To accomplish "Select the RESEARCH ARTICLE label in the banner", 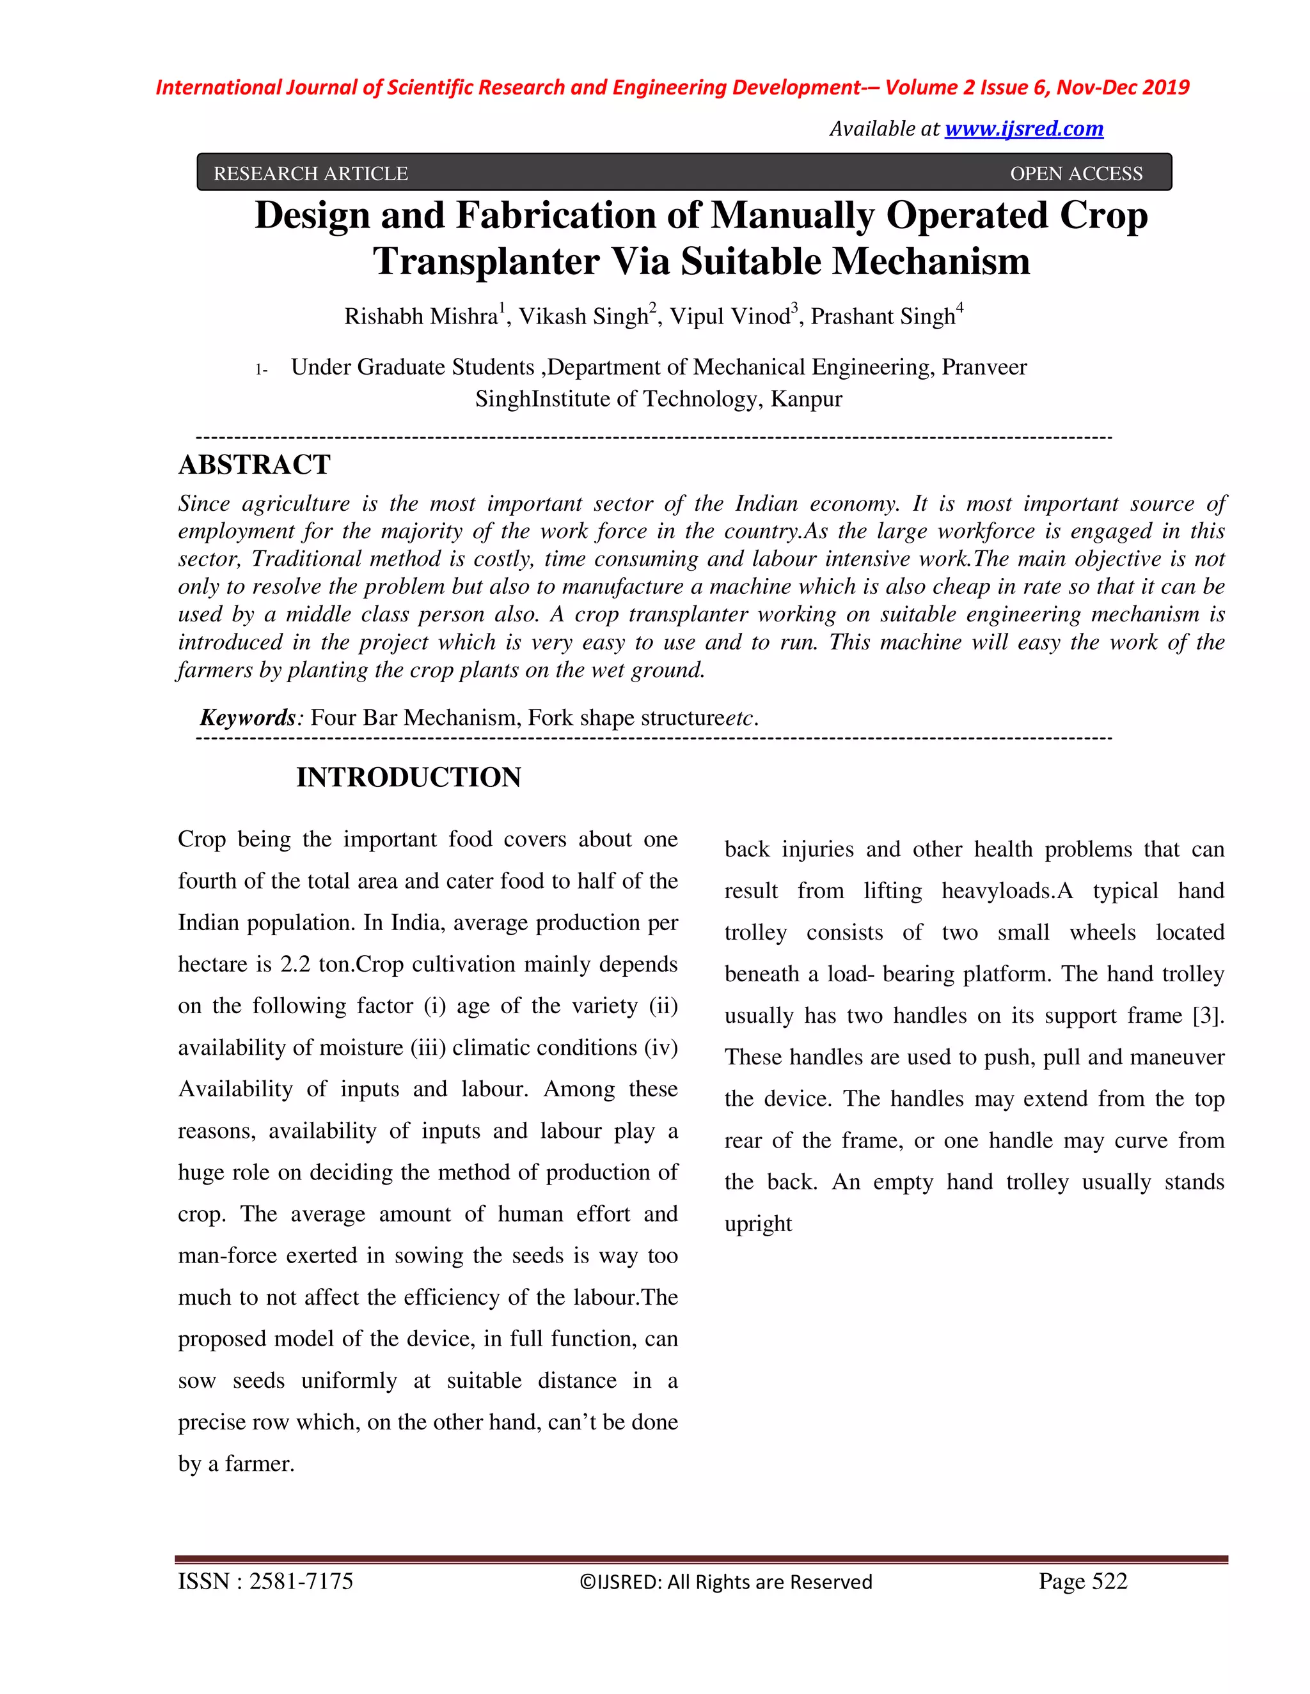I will coord(310,174).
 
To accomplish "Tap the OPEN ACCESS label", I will coord(1076,174).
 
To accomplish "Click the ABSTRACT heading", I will coord(255,465).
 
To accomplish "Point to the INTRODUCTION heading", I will coord(408,777).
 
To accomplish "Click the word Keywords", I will coord(248,717).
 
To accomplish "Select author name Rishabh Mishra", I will coord(421,316).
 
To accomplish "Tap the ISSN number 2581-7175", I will coord(301,1581).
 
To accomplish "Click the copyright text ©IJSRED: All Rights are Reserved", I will coord(725,1581).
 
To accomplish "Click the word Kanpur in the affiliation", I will coord(807,400).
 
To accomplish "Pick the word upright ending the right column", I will coord(757,1224).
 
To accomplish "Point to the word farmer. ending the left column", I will coord(259,1464).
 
